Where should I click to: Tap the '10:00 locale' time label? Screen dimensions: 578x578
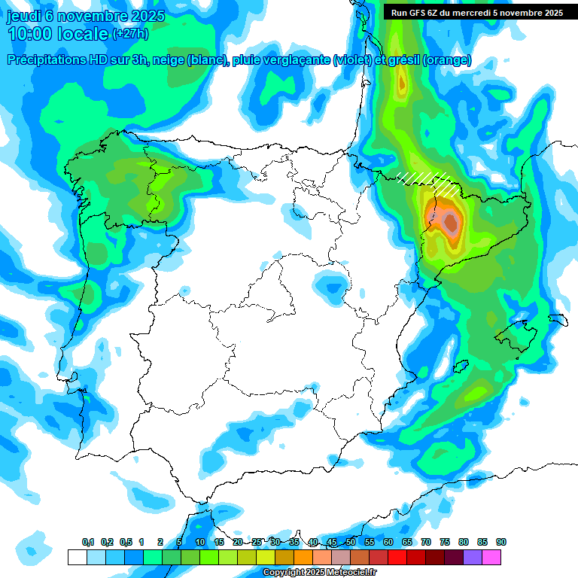click(x=57, y=34)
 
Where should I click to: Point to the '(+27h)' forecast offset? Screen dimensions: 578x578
click(x=131, y=34)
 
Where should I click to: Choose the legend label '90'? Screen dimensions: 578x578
click(x=501, y=542)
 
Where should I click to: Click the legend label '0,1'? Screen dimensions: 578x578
click(x=88, y=542)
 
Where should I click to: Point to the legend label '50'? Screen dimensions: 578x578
click(x=351, y=542)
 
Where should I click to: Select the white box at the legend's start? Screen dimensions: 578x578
click(x=77, y=557)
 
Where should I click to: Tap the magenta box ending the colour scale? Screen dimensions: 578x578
click(x=491, y=557)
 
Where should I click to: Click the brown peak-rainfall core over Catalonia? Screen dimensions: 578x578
click(x=451, y=221)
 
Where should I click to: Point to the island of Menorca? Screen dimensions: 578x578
click(x=558, y=319)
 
